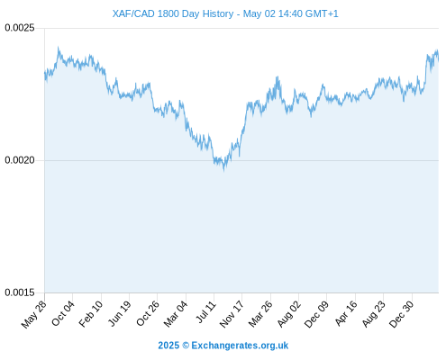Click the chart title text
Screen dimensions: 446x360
pyautogui.click(x=225, y=13)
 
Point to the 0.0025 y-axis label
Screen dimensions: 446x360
pyautogui.click(x=20, y=28)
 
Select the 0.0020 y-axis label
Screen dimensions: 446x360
pyautogui.click(x=20, y=160)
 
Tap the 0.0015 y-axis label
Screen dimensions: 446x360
pyautogui.click(x=20, y=292)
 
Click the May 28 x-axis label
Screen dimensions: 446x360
pyautogui.click(x=34, y=314)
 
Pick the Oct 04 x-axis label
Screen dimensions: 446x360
pyautogui.click(x=63, y=313)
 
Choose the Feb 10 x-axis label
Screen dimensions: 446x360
pyautogui.click(x=91, y=314)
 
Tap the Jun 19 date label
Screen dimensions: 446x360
pyautogui.click(x=119, y=313)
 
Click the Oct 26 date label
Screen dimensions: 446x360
pyautogui.click(x=147, y=313)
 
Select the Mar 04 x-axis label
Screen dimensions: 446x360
pyautogui.click(x=176, y=314)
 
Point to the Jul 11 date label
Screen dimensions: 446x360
pyautogui.click(x=205, y=311)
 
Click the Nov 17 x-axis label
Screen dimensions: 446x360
pyautogui.click(x=232, y=314)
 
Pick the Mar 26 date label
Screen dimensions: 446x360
pyautogui.click(x=260, y=314)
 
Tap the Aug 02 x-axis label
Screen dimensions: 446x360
pyautogui.click(x=288, y=314)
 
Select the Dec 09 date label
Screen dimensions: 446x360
pyautogui.click(x=316, y=314)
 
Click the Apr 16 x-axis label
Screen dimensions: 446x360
pyautogui.click(x=346, y=313)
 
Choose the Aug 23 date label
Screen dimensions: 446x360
pyautogui.click(x=373, y=314)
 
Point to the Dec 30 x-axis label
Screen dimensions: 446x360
pyautogui.click(x=401, y=314)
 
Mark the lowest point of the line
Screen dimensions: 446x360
pyautogui.click(x=223, y=171)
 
